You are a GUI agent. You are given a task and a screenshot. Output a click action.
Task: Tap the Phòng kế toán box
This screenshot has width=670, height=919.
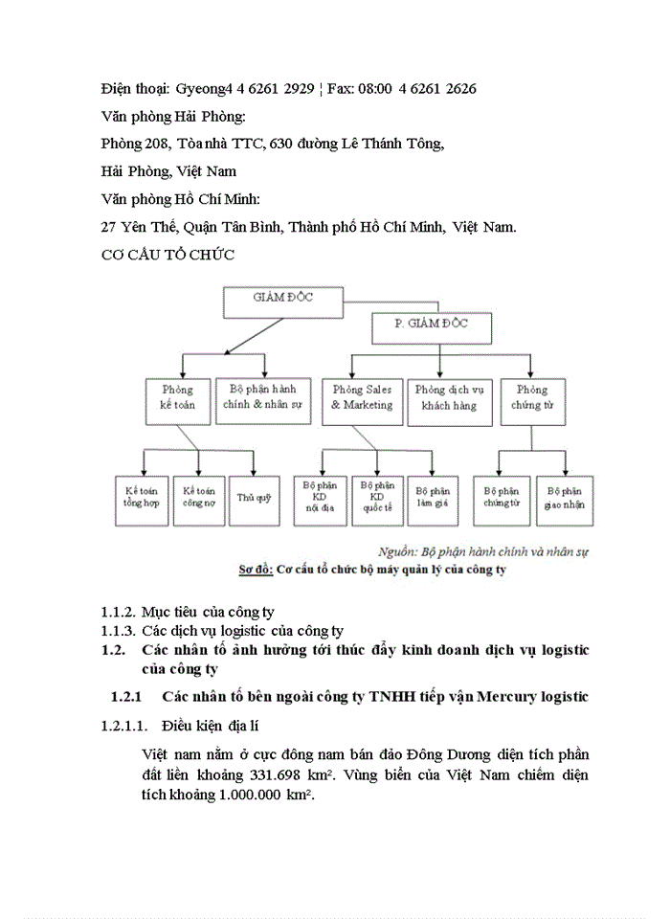point(177,398)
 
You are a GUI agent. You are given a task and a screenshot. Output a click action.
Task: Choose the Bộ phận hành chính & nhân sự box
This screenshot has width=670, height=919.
point(263,398)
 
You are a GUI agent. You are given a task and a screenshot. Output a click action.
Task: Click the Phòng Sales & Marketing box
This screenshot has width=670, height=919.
point(362,398)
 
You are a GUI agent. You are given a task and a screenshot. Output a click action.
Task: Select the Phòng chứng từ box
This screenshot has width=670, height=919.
point(531,398)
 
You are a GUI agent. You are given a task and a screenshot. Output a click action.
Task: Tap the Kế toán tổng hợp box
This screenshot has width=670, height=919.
point(142,499)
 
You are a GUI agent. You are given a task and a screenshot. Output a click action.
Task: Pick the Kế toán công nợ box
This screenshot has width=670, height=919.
point(199,499)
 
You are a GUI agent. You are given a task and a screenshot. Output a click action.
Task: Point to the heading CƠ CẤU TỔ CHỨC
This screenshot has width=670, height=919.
point(167,255)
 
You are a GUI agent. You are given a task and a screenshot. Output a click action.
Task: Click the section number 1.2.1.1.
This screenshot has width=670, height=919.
point(124,726)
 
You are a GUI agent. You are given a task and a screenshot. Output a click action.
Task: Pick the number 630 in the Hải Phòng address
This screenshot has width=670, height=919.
point(281,144)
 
